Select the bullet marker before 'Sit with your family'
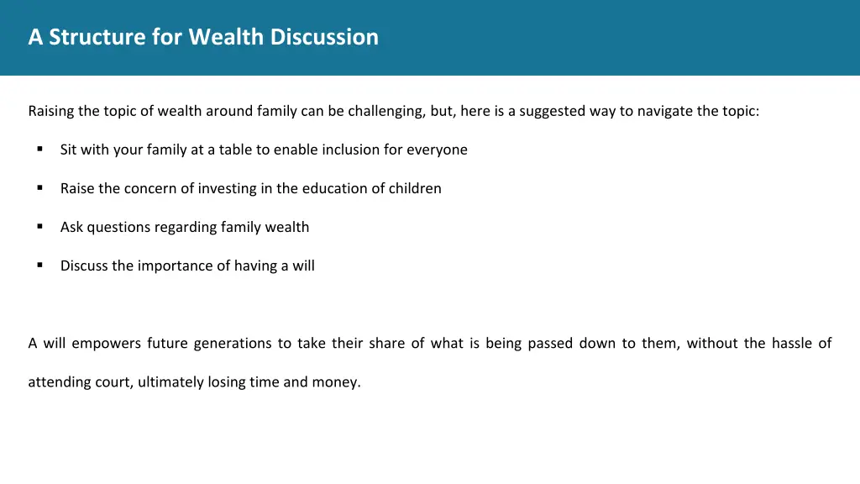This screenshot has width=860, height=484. [x=39, y=150]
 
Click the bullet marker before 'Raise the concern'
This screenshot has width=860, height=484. [x=39, y=188]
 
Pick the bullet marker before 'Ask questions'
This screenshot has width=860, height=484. [x=39, y=227]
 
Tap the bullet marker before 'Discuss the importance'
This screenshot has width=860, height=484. [x=39, y=266]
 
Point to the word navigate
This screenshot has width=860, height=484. [x=664, y=111]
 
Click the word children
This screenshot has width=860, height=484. [x=415, y=188]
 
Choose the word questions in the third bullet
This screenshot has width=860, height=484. [x=117, y=227]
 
